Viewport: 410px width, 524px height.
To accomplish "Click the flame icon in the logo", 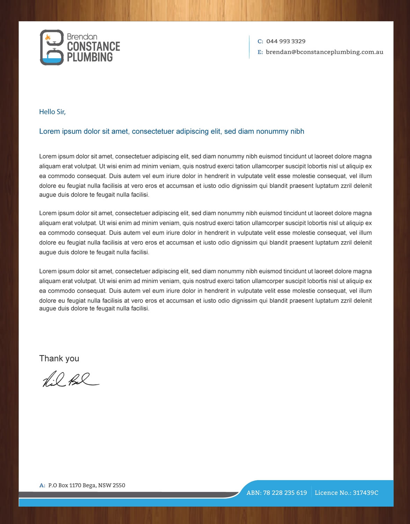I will [x=48, y=37].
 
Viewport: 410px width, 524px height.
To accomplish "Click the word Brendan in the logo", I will [x=82, y=37].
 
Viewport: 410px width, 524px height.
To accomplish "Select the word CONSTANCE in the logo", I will [x=93, y=46].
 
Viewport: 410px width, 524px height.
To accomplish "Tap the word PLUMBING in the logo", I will [x=90, y=57].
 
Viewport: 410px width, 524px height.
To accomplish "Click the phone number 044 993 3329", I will [x=286, y=41].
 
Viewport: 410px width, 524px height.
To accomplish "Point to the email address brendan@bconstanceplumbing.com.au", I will [x=324, y=52].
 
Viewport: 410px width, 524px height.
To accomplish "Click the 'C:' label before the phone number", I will [x=260, y=41].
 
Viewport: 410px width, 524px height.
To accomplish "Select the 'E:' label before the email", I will [x=260, y=52].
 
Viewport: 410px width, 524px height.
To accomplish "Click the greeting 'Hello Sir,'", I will [x=52, y=112].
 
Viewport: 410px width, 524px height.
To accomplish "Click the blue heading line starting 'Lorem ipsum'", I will [x=171, y=131].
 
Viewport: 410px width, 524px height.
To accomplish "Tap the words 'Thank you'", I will [x=59, y=358].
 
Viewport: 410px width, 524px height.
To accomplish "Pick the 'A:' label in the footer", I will [x=42, y=485].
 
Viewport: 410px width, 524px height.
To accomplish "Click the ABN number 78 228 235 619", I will [x=285, y=493].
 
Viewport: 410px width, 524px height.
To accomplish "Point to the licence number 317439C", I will [x=365, y=493].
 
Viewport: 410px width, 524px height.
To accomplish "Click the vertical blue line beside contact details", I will [x=249, y=47].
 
